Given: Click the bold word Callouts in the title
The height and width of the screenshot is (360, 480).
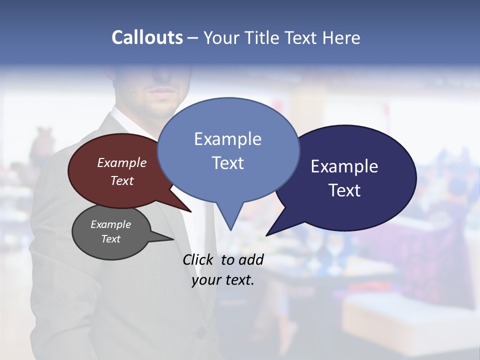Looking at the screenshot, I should [x=147, y=37].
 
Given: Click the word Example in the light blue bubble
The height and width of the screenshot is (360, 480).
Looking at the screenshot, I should [x=228, y=139].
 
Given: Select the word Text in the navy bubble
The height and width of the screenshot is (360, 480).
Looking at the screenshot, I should [x=344, y=190].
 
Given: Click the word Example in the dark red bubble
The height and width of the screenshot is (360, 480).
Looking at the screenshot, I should [x=122, y=162].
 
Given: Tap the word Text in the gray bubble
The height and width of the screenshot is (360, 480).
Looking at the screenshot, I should [x=111, y=239].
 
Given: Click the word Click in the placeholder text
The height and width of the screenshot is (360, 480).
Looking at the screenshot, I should [x=198, y=259].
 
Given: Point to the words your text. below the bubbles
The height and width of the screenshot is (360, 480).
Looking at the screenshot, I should [x=223, y=280].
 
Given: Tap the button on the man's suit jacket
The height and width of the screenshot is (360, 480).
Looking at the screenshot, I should [x=201, y=331].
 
